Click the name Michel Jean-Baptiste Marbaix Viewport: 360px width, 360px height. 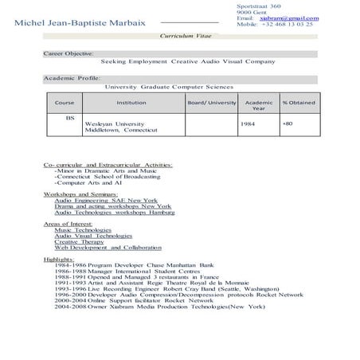pyautogui.click(x=79, y=24)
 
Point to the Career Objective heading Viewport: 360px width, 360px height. pyautogui.click(x=68, y=53)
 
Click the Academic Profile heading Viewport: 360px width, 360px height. pyautogui.click(x=72, y=79)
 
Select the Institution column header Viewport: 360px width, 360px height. pyautogui.click(x=131, y=104)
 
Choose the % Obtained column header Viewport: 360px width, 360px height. pyautogui.click(x=298, y=104)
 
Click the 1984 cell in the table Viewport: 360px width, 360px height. pyautogui.click(x=246, y=124)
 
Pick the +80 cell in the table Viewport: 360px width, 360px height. pyautogui.click(x=287, y=124)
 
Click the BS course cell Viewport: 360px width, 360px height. pyautogui.click(x=70, y=117)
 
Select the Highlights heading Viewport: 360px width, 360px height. pyautogui.click(x=60, y=259)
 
